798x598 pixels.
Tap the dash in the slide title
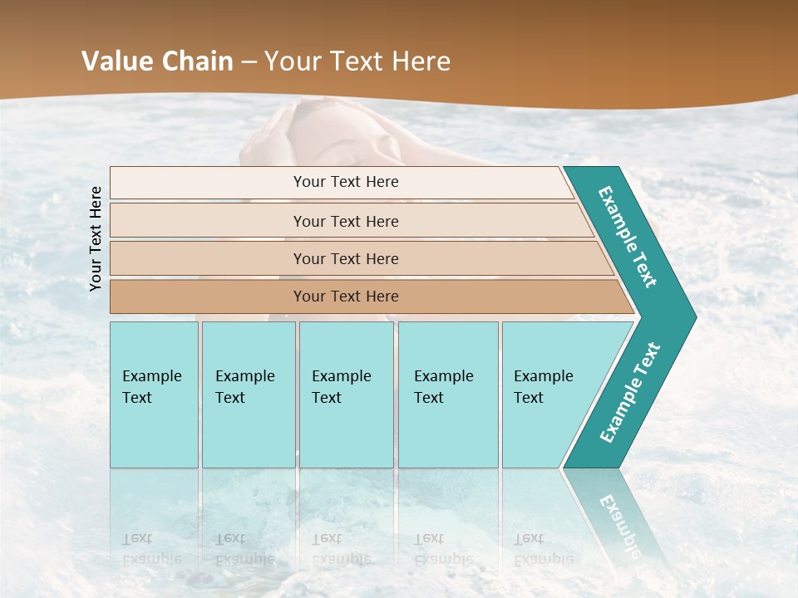click(x=249, y=62)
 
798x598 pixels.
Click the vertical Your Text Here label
click(x=96, y=238)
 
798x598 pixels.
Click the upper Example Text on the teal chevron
click(x=628, y=237)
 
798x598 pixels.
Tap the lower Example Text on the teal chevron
click(x=630, y=393)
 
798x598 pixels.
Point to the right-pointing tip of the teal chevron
click(x=692, y=317)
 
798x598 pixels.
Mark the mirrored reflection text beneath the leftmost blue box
click(x=151, y=548)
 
